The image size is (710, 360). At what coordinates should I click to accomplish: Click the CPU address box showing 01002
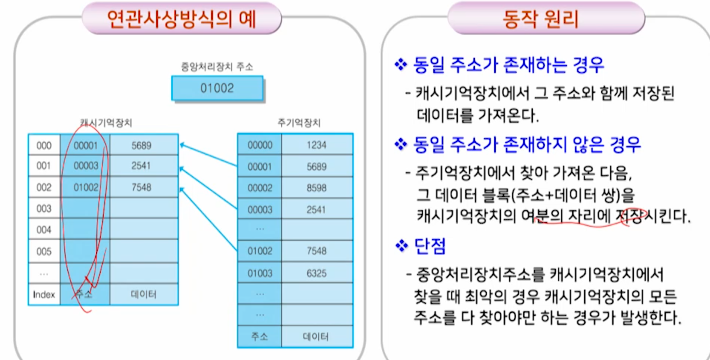(217, 88)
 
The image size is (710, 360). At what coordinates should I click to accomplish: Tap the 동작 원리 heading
(541, 19)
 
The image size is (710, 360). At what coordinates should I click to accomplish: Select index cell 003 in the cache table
(44, 208)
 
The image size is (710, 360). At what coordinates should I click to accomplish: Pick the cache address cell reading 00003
(86, 166)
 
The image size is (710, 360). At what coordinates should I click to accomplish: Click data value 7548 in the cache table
(141, 187)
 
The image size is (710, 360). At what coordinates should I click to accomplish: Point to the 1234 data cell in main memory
(316, 145)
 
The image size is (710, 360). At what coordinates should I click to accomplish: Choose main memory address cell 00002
(260, 188)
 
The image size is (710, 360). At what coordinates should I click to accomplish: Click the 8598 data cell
(316, 188)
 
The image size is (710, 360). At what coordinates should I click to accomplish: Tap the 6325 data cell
(316, 273)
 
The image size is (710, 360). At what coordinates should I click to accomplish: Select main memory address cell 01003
(260, 273)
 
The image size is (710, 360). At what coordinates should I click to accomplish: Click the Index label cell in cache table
(44, 295)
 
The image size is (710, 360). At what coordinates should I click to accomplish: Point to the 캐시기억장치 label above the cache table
(106, 123)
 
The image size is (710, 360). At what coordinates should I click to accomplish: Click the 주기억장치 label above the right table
(299, 123)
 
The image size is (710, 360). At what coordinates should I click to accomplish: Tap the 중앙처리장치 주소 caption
(217, 67)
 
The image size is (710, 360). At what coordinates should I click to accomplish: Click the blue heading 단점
(430, 246)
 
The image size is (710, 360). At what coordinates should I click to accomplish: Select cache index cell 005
(44, 252)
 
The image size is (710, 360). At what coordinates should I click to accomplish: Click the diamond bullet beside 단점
(401, 246)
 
